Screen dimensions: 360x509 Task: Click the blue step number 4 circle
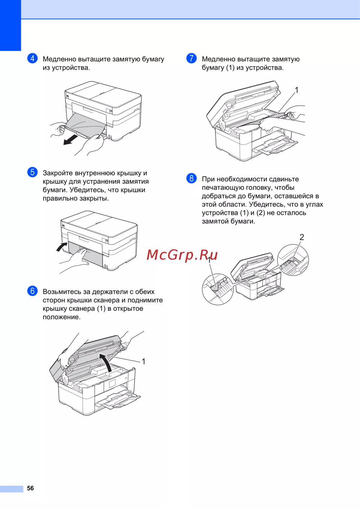(32, 58)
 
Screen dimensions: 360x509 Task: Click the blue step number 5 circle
(32, 172)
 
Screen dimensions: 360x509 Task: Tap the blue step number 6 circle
(32, 291)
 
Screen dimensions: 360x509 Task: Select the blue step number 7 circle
(192, 58)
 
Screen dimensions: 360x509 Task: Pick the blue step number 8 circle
(192, 178)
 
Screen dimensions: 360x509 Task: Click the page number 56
(31, 488)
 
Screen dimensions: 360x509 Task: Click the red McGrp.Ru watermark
(182, 255)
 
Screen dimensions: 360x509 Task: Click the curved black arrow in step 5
(62, 247)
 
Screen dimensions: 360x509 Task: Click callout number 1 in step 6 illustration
(144, 361)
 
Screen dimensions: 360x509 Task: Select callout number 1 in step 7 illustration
(296, 90)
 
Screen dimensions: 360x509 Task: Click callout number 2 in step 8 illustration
(302, 237)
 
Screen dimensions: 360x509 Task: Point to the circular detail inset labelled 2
(293, 260)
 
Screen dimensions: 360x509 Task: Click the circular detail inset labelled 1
(218, 289)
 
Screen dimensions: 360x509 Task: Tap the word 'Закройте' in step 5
(58, 173)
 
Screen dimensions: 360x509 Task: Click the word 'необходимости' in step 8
(242, 179)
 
